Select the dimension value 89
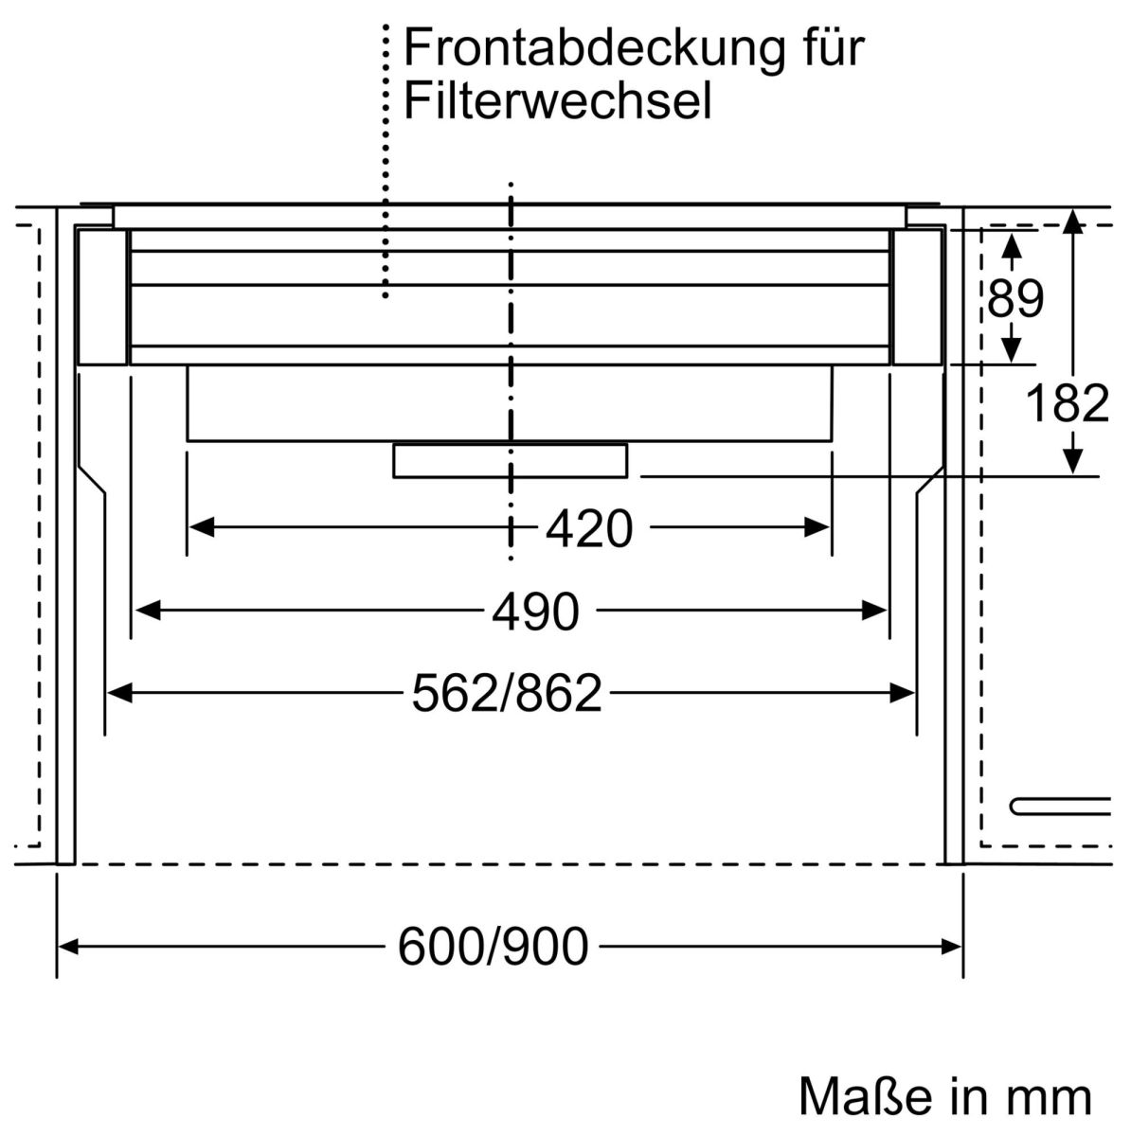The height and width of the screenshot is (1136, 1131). tap(1014, 298)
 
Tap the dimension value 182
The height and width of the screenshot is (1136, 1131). tap(1067, 404)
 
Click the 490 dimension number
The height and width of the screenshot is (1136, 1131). tap(535, 612)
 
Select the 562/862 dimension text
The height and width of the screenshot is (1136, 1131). tap(507, 694)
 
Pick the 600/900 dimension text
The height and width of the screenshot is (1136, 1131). tap(493, 946)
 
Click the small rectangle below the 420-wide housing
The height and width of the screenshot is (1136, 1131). tap(510, 460)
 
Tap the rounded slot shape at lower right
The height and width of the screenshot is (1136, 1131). tap(1059, 807)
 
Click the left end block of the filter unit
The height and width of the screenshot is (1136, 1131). tap(102, 297)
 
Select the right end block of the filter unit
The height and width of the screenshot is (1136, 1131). tap(917, 297)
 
